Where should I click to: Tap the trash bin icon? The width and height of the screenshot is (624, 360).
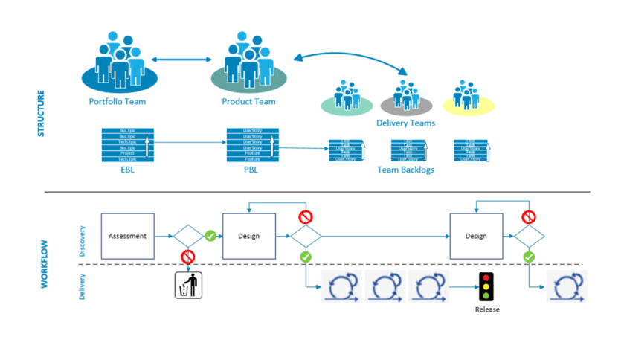pyautogui.click(x=187, y=285)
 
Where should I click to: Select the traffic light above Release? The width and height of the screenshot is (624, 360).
pyautogui.click(x=486, y=286)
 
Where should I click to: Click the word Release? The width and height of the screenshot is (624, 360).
pyautogui.click(x=487, y=310)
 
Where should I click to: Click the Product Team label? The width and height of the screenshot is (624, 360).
pyautogui.click(x=248, y=101)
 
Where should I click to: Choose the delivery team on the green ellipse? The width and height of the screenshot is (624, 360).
pyautogui.click(x=346, y=96)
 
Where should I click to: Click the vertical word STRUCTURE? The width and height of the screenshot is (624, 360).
pyautogui.click(x=42, y=113)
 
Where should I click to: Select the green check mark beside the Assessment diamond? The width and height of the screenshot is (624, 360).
pyautogui.click(x=210, y=236)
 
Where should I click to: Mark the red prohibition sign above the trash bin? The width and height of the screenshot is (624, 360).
pyautogui.click(x=187, y=257)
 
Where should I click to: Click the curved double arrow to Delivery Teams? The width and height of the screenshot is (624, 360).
pyautogui.click(x=350, y=57)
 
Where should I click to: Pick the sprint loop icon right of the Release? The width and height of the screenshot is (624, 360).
pyautogui.click(x=566, y=286)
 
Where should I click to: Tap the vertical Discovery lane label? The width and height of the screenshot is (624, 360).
pyautogui.click(x=83, y=240)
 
